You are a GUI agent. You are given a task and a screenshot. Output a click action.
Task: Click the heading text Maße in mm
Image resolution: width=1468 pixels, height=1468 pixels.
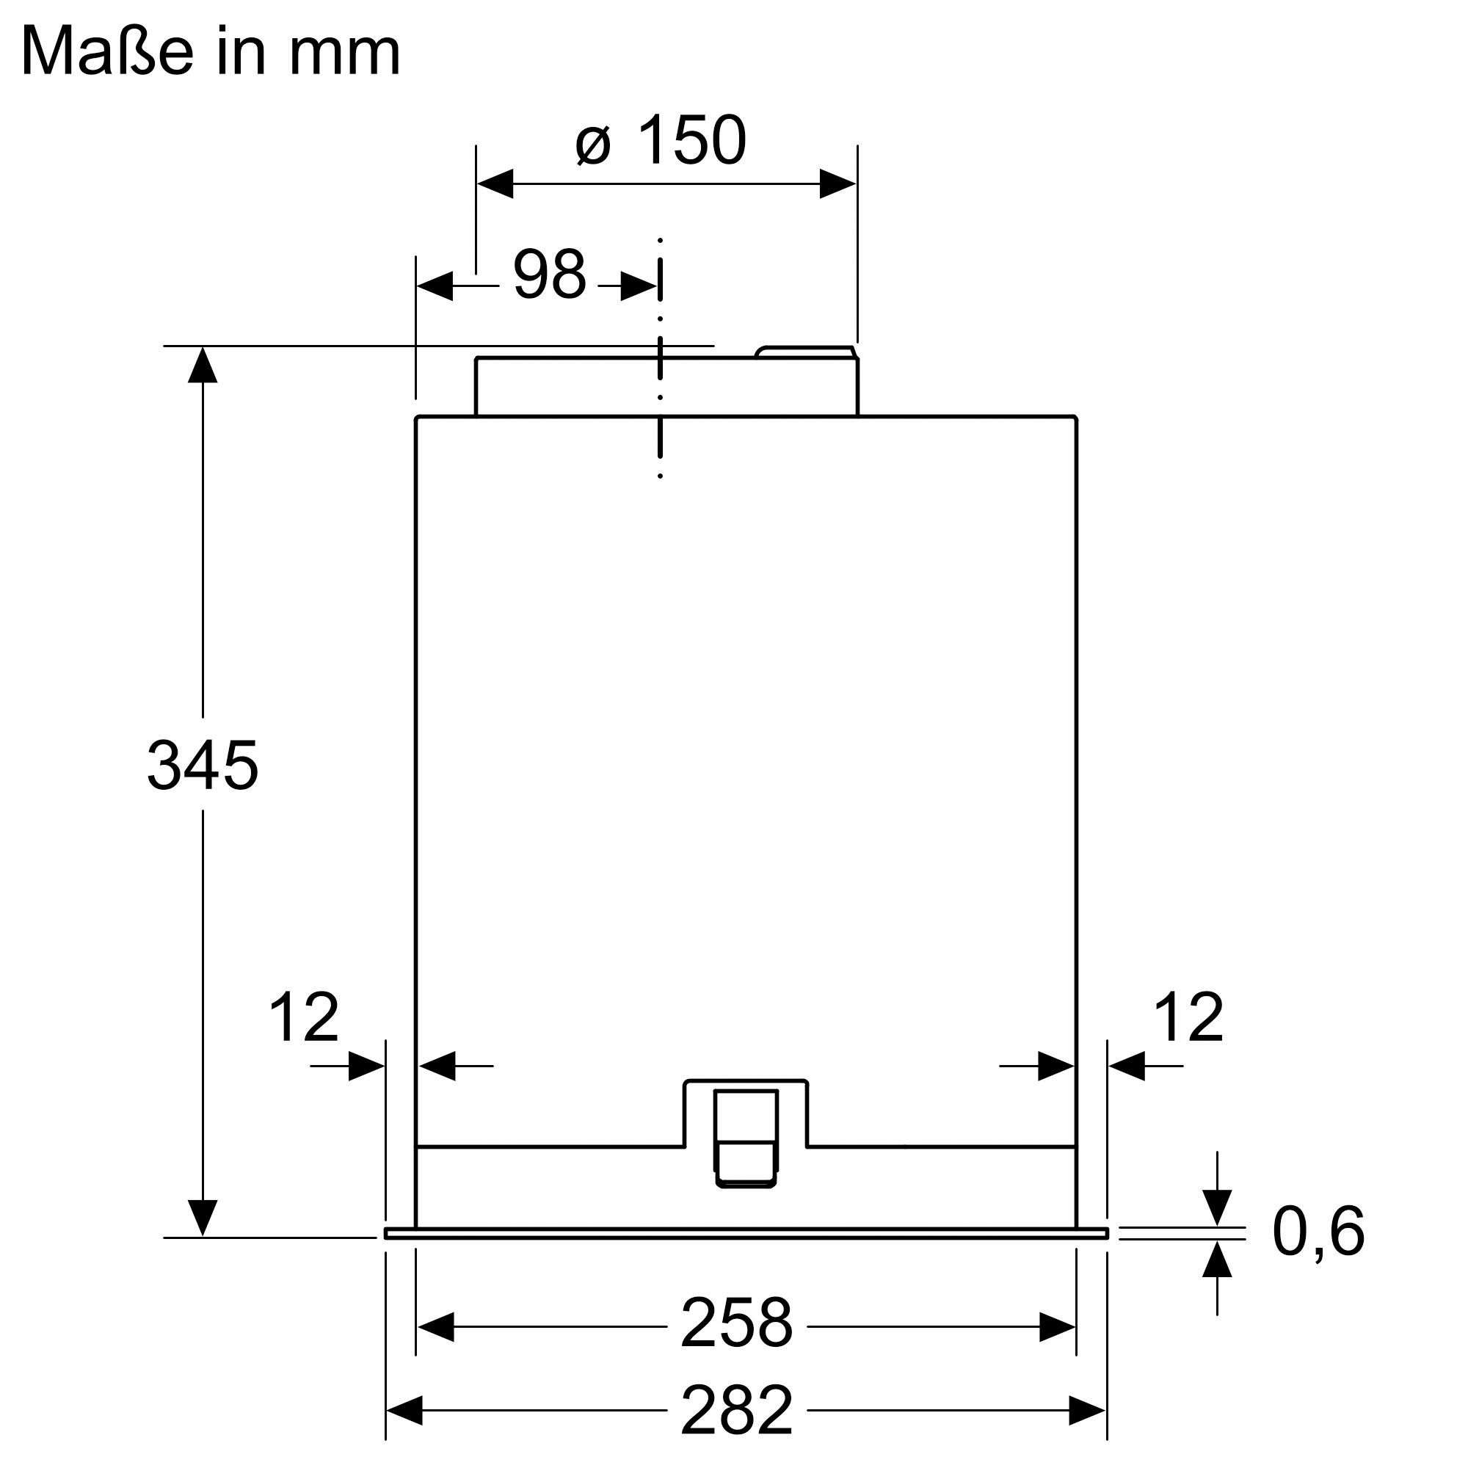(211, 51)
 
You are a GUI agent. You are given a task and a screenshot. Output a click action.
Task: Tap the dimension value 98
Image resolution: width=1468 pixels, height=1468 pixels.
(548, 275)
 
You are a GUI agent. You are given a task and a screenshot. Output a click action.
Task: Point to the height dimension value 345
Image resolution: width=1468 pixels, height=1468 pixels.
(202, 765)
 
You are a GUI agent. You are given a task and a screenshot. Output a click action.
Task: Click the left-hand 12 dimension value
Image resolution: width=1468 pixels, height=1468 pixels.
(303, 1017)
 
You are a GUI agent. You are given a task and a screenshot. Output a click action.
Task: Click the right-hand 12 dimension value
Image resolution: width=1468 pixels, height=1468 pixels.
(1188, 1017)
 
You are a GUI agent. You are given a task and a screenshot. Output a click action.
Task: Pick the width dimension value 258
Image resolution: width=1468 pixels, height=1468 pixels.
(735, 1323)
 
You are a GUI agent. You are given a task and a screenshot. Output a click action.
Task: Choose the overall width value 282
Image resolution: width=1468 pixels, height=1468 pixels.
(735, 1410)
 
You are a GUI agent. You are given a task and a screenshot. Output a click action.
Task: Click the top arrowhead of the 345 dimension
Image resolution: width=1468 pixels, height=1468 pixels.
(203, 366)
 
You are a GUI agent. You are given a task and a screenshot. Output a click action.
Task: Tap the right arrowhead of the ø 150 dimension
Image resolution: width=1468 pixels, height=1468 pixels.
(837, 184)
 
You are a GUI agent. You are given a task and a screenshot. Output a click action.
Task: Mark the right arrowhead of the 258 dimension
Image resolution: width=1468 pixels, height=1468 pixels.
(1057, 1326)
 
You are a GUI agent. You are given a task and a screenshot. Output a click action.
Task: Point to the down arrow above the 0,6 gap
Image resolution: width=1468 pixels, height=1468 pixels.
(1216, 1207)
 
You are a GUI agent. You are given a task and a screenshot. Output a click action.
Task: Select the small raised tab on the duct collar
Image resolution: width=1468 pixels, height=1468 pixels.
(805, 352)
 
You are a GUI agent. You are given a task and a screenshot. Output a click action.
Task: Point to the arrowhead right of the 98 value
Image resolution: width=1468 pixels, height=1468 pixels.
(639, 286)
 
